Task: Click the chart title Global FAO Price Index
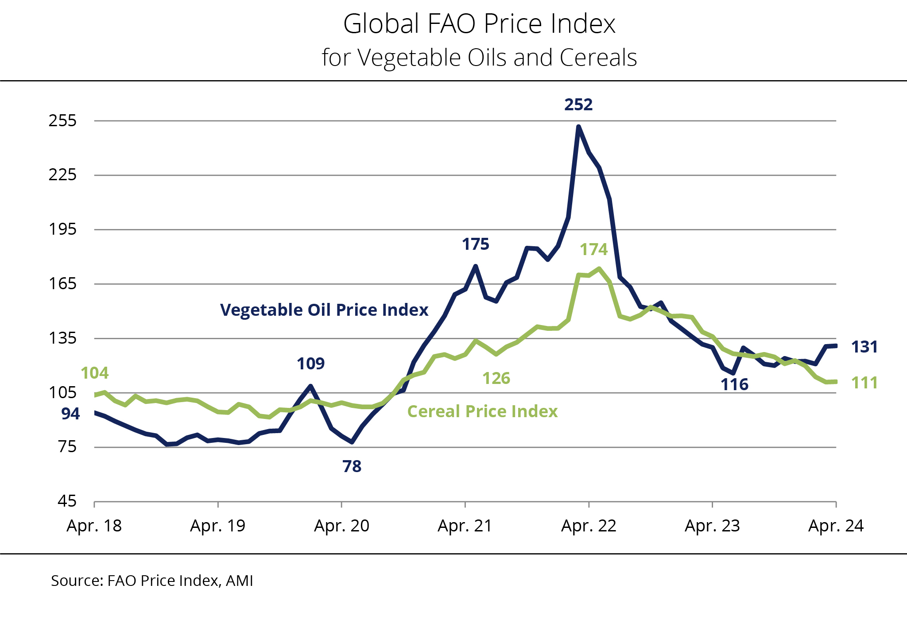479,24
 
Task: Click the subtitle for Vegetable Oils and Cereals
479,58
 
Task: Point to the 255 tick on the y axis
62,120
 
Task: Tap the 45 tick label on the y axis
67,501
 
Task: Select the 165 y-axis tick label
62,283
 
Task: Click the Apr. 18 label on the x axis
94,526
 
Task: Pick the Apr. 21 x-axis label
465,526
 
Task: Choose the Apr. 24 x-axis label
836,526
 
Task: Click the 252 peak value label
578,105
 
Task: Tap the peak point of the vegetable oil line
578,127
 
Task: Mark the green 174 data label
594,249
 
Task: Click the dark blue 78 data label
352,466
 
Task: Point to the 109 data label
310,364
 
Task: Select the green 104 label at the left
95,373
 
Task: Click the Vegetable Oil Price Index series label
324,310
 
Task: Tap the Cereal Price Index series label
482,411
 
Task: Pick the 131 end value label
864,347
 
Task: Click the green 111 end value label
864,383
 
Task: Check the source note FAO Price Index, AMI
152,581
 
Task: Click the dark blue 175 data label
476,244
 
